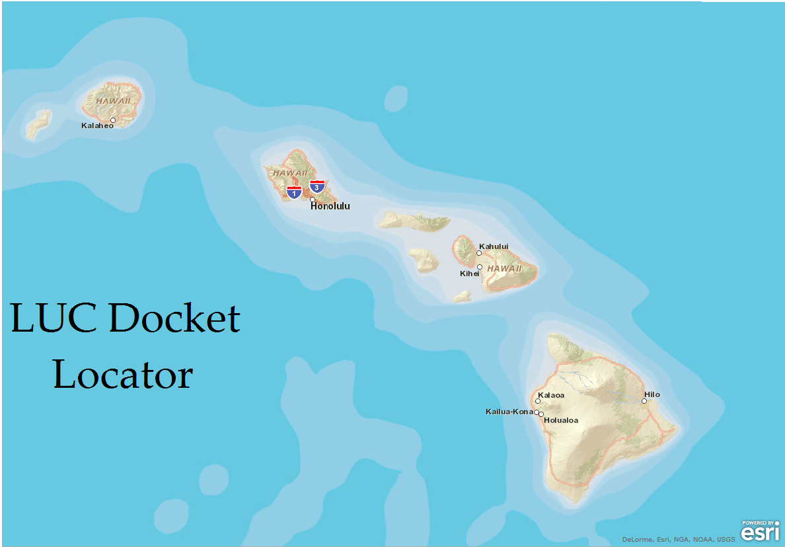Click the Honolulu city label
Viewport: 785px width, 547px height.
click(330, 206)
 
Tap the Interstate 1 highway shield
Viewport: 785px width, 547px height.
click(294, 192)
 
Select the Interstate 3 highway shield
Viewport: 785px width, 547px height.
click(317, 186)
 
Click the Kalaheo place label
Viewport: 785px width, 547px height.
click(97, 126)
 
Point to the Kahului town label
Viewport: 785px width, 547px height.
click(494, 246)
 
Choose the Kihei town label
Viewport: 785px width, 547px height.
click(469, 273)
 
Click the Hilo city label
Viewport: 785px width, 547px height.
click(652, 394)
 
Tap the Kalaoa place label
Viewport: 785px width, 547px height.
click(551, 395)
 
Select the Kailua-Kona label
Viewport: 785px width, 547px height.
click(509, 412)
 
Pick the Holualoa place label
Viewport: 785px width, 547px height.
click(562, 420)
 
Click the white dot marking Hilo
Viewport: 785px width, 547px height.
click(644, 400)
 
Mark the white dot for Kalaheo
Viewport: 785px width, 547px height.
click(113, 120)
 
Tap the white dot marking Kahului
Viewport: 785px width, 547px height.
click(479, 252)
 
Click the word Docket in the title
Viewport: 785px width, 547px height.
click(174, 318)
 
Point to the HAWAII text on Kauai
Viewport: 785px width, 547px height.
click(108, 101)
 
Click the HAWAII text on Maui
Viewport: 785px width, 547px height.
click(505, 269)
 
